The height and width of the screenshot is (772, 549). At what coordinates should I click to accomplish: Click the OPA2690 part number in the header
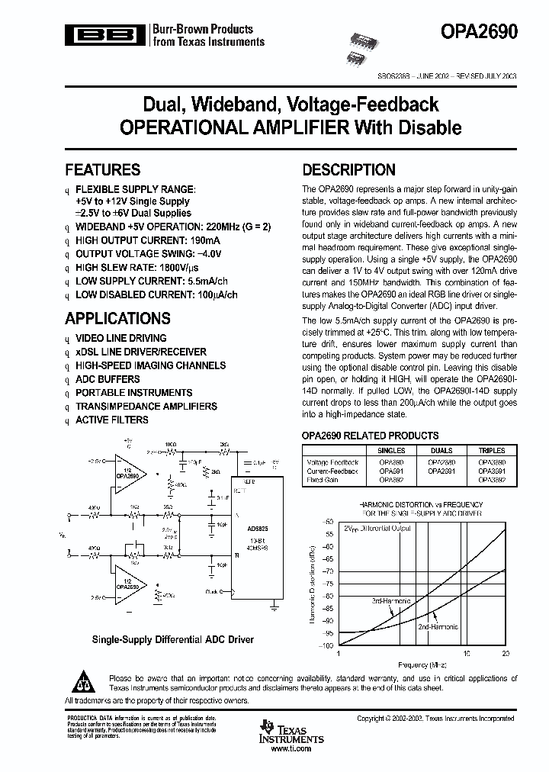click(480, 31)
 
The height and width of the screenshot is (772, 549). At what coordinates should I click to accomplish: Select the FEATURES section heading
click(102, 170)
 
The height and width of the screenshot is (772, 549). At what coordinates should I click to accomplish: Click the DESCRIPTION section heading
click(348, 170)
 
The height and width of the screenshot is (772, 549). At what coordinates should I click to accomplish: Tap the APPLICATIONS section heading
click(117, 318)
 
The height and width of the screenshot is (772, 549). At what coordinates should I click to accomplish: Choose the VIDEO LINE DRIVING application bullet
click(120, 338)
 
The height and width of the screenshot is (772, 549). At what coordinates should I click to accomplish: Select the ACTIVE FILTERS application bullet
click(111, 420)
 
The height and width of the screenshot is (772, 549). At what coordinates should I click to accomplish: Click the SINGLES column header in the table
click(390, 451)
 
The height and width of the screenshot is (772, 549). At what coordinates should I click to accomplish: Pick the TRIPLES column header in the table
click(491, 451)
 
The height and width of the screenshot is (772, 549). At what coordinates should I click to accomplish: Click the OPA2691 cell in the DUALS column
click(441, 471)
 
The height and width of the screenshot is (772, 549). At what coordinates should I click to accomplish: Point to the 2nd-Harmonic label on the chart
click(438, 626)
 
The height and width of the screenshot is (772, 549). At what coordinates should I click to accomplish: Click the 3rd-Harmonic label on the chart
click(391, 601)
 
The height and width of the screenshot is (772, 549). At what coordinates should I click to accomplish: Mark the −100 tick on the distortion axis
click(329, 645)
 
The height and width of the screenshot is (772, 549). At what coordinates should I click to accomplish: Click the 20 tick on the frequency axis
click(505, 655)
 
